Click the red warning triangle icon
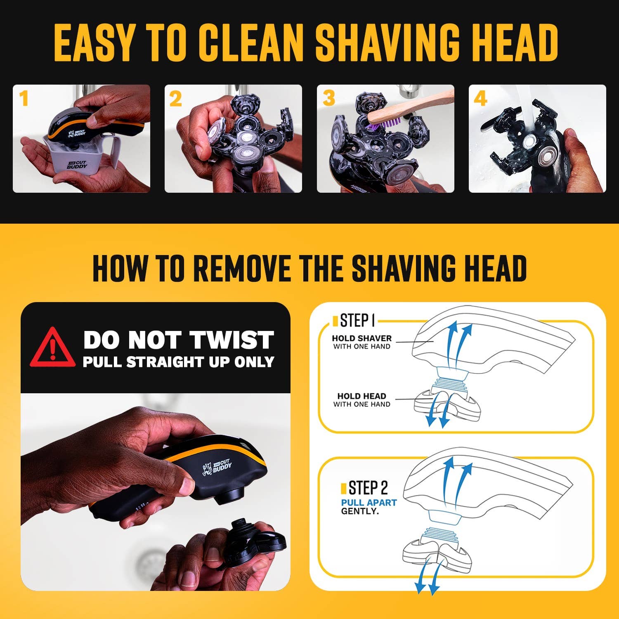click(x=52, y=347)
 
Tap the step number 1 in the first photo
click(x=24, y=99)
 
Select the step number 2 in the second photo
click(x=175, y=99)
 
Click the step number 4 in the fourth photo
click(x=480, y=99)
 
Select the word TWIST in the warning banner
click(x=232, y=340)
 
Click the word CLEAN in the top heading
click(x=255, y=43)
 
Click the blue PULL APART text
click(x=369, y=503)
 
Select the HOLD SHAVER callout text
click(x=361, y=342)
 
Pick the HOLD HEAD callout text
click(x=361, y=399)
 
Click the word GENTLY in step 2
click(x=359, y=511)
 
